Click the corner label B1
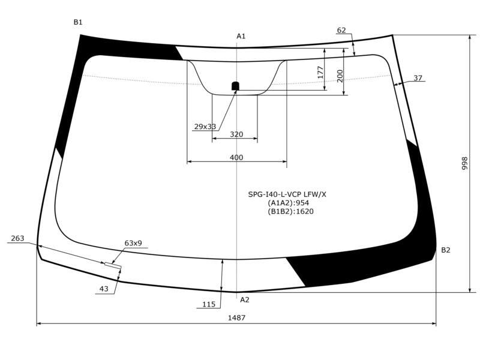click(78, 22)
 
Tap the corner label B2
click(446, 250)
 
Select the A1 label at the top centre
click(241, 36)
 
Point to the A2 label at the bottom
click(245, 299)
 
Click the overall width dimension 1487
click(236, 318)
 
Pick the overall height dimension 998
click(464, 163)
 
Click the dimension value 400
click(236, 157)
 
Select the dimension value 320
click(236, 134)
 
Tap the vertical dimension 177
click(320, 72)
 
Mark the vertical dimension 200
click(340, 76)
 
